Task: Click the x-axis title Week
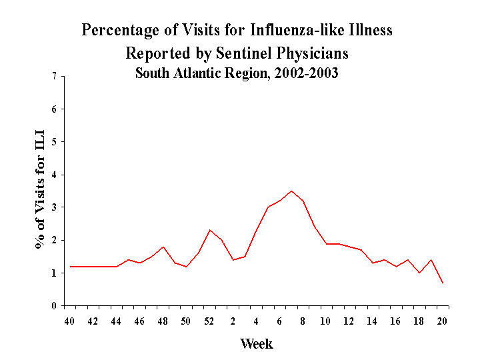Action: (x=257, y=344)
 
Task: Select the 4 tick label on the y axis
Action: (x=53, y=175)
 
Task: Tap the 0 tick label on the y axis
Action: (x=53, y=306)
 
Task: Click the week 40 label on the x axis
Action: (x=69, y=321)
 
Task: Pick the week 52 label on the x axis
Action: (x=209, y=321)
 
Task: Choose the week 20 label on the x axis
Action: (x=442, y=321)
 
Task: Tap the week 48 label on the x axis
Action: (x=163, y=321)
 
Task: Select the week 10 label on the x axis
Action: (x=325, y=321)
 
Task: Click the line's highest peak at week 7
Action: (x=291, y=191)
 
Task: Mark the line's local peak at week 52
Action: (x=209, y=230)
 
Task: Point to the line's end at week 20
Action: (x=443, y=283)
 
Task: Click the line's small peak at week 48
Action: (x=163, y=247)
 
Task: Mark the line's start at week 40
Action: (x=70, y=267)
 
